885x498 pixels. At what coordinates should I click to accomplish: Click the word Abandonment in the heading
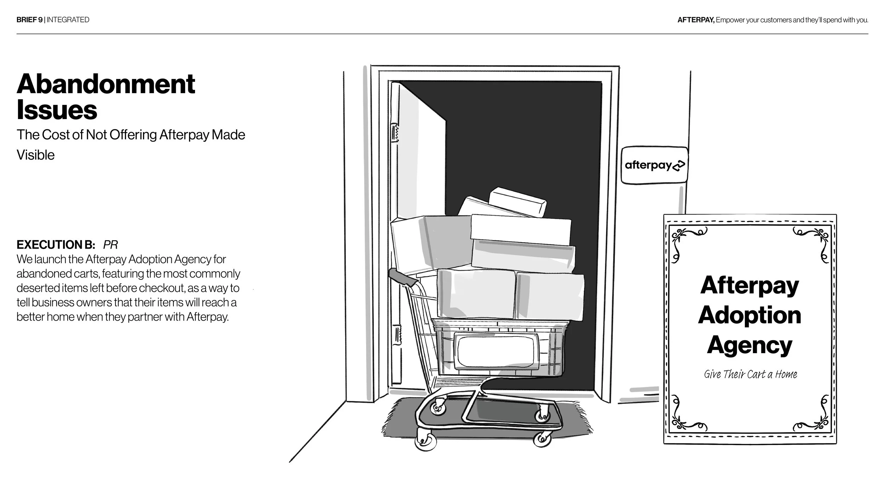coord(105,84)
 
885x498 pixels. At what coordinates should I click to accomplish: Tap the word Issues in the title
coord(57,110)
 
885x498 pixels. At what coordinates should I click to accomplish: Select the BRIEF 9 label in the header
coord(29,20)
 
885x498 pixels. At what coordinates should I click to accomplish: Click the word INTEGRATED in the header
coord(68,20)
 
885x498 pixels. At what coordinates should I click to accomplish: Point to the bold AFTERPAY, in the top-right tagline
coord(696,20)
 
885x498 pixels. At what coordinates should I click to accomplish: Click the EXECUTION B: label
coord(56,245)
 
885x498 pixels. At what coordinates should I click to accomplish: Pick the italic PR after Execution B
coord(110,245)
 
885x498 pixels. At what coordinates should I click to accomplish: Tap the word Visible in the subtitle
coord(35,155)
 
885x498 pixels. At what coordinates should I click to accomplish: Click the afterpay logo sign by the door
coord(654,165)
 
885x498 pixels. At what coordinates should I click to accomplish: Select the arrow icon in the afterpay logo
coord(678,166)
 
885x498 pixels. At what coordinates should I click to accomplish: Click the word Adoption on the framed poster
coord(749,315)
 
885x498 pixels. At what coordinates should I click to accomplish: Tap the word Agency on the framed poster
coord(749,345)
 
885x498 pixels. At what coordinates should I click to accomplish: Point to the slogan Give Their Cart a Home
coord(750,374)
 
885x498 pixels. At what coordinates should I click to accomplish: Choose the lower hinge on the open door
coord(397,335)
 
